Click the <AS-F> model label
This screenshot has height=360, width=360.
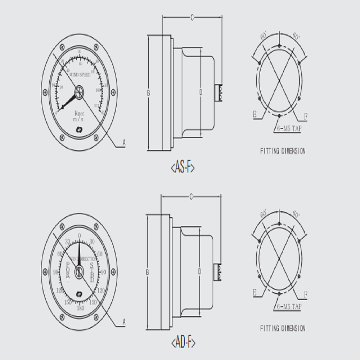[182, 167]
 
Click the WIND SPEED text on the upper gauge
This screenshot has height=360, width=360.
[80, 74]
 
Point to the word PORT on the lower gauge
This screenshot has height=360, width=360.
[68, 272]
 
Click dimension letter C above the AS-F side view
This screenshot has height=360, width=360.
[192, 17]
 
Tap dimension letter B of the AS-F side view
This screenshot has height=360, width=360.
[148, 93]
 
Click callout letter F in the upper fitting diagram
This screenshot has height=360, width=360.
[305, 116]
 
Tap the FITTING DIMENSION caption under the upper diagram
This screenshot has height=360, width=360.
[283, 151]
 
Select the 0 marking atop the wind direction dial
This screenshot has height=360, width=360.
[80, 236]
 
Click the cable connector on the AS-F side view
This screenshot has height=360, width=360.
[219, 92]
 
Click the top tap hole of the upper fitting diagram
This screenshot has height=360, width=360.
[279, 46]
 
